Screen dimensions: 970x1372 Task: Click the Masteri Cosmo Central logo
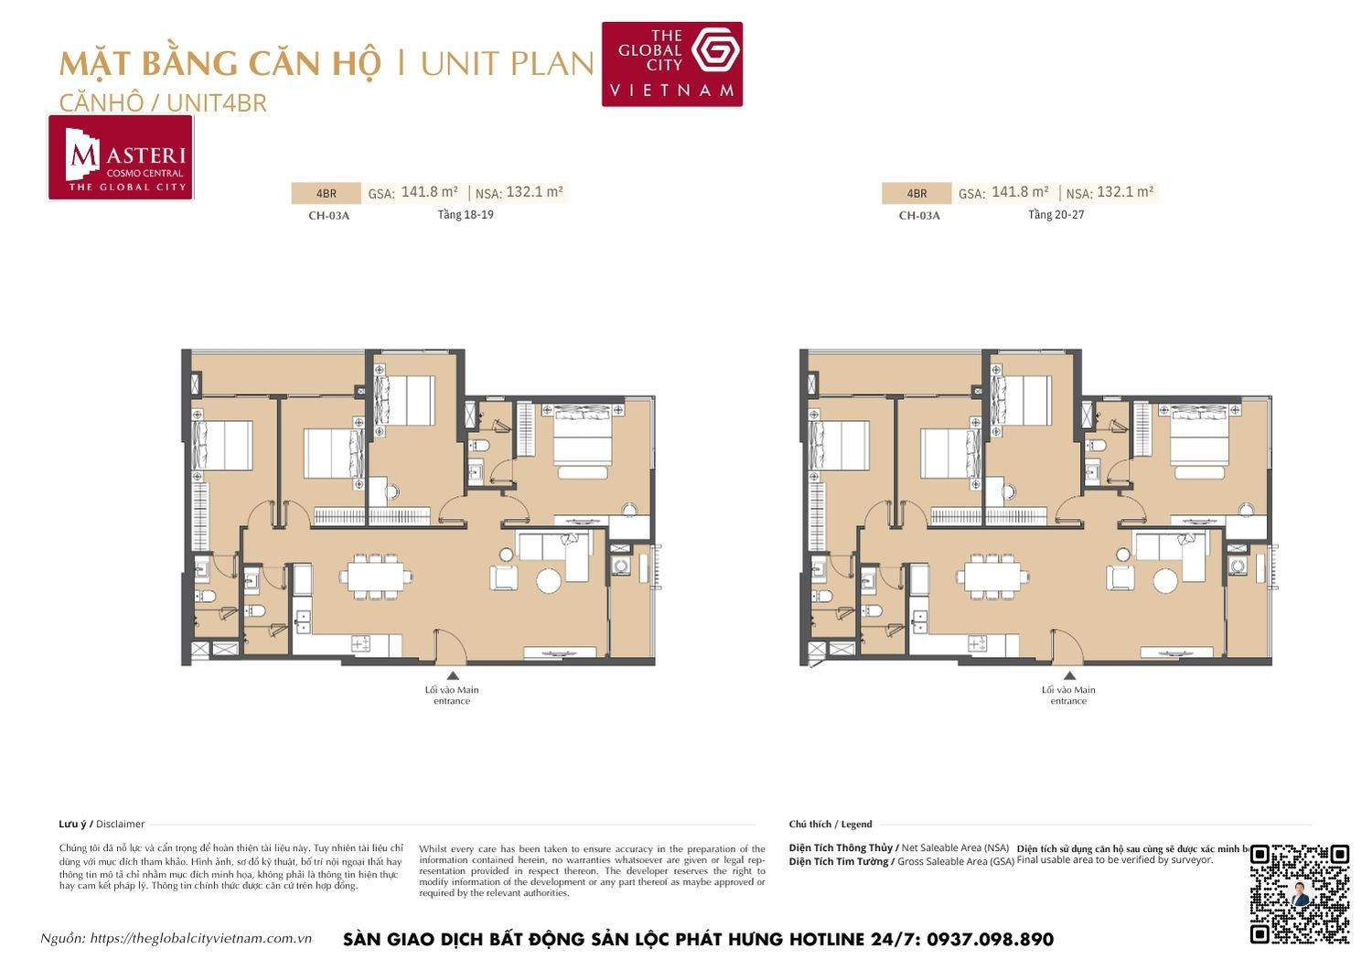pyautogui.click(x=121, y=157)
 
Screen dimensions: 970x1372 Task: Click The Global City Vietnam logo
pyautogui.click(x=671, y=64)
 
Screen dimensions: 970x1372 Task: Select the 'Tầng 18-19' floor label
pyautogui.click(x=466, y=215)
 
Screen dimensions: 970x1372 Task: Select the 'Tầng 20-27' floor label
pyautogui.click(x=1056, y=215)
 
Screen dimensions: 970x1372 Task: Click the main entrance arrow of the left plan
pyautogui.click(x=452, y=676)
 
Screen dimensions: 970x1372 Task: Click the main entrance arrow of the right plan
pyautogui.click(x=1069, y=676)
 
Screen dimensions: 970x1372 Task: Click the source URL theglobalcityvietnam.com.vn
pyautogui.click(x=201, y=939)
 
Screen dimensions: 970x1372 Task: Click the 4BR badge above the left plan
pyautogui.click(x=326, y=194)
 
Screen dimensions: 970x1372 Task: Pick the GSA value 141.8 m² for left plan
pyautogui.click(x=429, y=192)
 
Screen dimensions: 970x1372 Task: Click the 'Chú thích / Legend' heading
pyautogui.click(x=831, y=824)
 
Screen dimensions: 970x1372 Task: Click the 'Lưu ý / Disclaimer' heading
pyautogui.click(x=102, y=824)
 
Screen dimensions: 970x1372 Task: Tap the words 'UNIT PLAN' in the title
pyautogui.click(x=507, y=64)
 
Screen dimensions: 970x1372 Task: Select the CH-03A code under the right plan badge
pyautogui.click(x=918, y=216)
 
